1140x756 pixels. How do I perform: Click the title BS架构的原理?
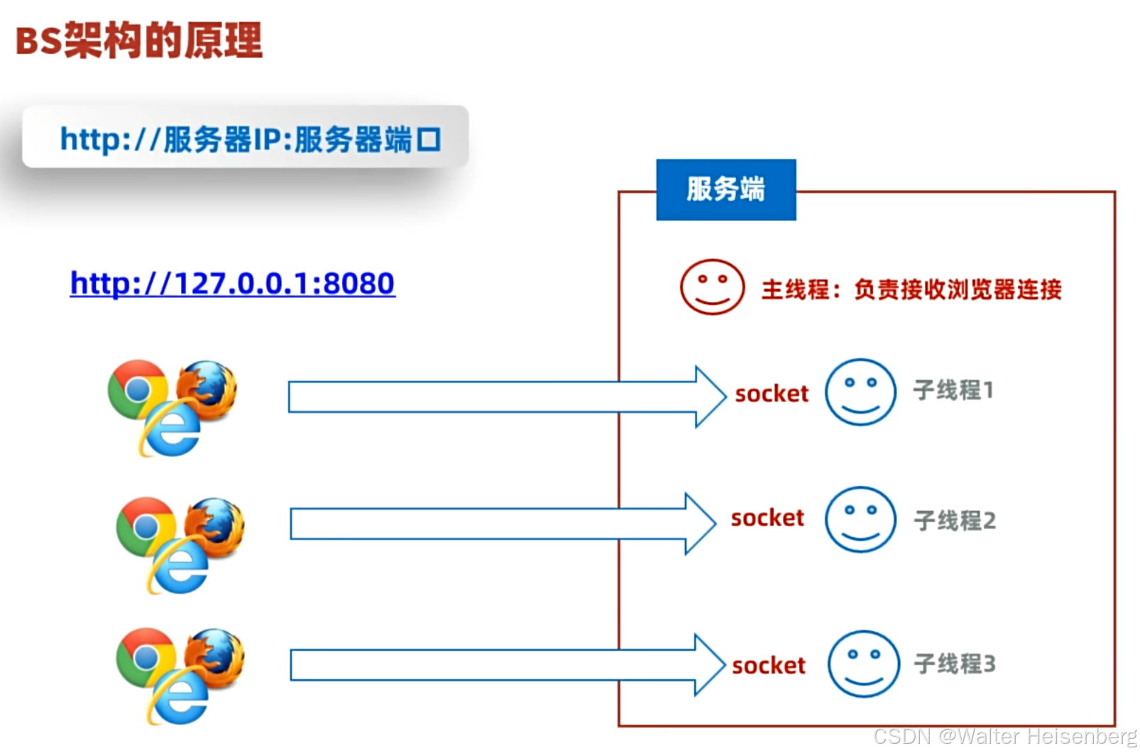click(x=138, y=40)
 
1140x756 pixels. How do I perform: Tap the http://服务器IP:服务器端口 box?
click(x=245, y=137)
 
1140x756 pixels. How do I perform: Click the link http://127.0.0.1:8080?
click(x=232, y=283)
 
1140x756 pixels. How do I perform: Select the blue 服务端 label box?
click(x=725, y=190)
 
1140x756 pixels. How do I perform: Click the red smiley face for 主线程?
click(x=712, y=287)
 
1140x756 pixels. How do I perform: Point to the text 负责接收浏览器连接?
click(x=958, y=289)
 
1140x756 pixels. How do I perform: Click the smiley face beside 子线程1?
click(x=860, y=391)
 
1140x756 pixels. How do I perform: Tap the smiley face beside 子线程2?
click(x=860, y=519)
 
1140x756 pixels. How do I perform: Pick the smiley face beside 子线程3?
click(x=863, y=664)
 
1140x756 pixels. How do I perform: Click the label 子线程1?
click(x=953, y=390)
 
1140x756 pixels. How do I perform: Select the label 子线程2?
click(x=955, y=520)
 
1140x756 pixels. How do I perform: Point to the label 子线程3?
click(x=955, y=664)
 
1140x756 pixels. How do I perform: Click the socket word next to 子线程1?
click(x=772, y=393)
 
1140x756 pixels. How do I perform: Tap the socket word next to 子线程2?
click(x=767, y=517)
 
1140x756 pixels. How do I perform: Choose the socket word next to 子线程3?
click(x=769, y=665)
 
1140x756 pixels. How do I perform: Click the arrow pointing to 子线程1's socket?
click(x=497, y=396)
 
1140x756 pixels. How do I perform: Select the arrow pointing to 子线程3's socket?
click(x=497, y=665)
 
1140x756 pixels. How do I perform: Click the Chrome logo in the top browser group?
click(x=137, y=389)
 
